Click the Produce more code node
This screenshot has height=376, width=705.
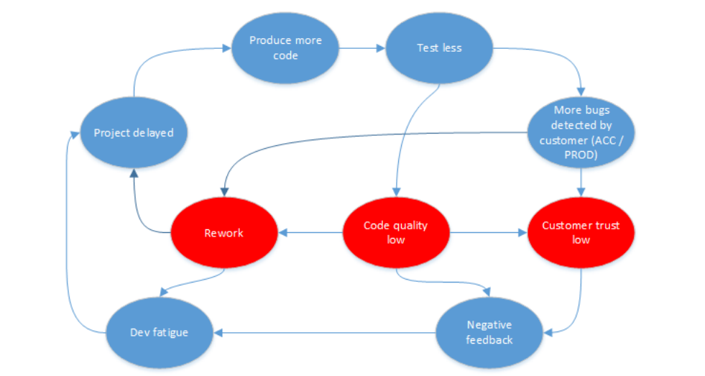[x=285, y=47]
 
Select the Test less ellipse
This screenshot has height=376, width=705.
[x=439, y=48]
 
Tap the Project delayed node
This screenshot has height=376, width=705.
[x=134, y=133]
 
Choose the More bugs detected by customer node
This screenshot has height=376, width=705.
[x=581, y=133]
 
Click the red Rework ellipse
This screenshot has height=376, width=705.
[x=224, y=233]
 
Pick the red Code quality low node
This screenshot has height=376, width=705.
[x=395, y=232]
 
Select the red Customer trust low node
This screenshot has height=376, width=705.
[x=581, y=232]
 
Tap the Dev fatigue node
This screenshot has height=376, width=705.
[x=160, y=332]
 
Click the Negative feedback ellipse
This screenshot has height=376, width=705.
[x=489, y=331]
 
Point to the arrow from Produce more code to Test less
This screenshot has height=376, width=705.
[x=362, y=48]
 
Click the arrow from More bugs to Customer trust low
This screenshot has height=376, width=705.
[x=581, y=183]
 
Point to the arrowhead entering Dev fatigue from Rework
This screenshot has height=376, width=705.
[x=165, y=293]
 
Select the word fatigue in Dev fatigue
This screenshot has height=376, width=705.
[x=172, y=332]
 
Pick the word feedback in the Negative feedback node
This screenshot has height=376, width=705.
[x=489, y=339]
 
